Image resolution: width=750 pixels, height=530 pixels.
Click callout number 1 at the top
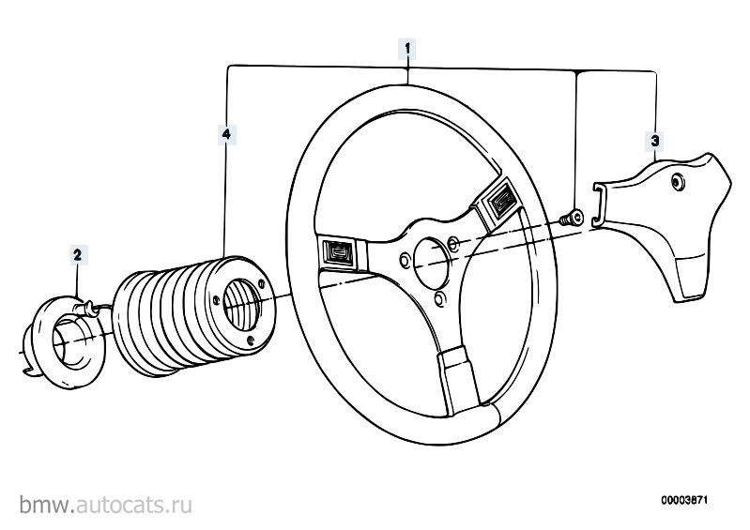point(407,49)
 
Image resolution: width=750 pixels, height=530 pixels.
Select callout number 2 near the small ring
point(78,255)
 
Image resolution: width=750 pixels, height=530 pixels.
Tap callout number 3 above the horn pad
point(655,141)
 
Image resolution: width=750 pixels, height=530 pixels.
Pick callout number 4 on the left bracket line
point(226,134)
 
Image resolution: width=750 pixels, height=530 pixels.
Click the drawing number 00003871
point(684,500)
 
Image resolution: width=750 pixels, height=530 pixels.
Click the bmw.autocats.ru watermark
point(106,505)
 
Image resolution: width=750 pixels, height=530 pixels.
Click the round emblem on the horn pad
point(677,181)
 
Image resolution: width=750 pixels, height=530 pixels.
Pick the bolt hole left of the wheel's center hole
point(405,261)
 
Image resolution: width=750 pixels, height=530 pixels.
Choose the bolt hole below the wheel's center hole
point(439,298)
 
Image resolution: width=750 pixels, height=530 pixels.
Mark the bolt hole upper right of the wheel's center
point(453,245)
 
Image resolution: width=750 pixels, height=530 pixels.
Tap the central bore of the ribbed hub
point(241,305)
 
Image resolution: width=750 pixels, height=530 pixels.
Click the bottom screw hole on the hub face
point(252,341)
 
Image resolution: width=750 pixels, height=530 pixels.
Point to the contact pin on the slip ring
point(87,307)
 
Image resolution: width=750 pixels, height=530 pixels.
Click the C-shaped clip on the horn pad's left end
point(598,204)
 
